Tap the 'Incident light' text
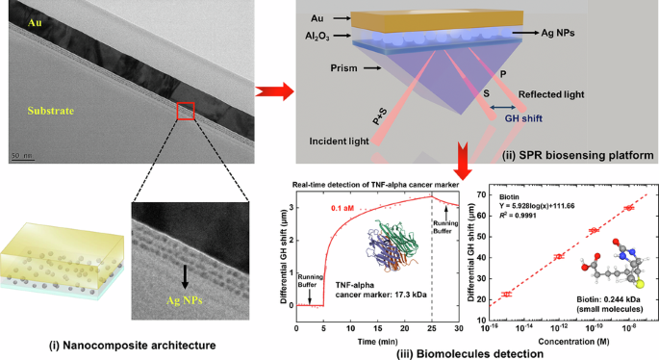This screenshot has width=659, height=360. point(340,142)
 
